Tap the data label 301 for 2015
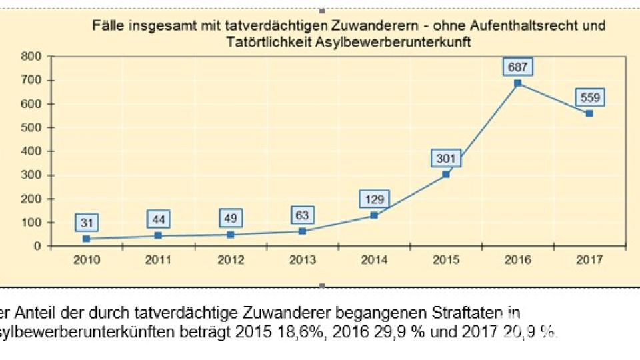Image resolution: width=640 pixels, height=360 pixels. (x=445, y=159)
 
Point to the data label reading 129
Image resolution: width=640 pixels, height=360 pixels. (x=374, y=199)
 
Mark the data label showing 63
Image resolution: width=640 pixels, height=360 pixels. (x=302, y=215)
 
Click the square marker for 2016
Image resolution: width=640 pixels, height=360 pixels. (x=517, y=83)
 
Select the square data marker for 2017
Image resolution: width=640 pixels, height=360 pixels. (x=589, y=113)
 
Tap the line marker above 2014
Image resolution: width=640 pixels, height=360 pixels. (x=374, y=215)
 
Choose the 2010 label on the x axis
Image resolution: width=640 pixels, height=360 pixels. (x=87, y=259)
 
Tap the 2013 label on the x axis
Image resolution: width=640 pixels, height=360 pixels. (x=302, y=259)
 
